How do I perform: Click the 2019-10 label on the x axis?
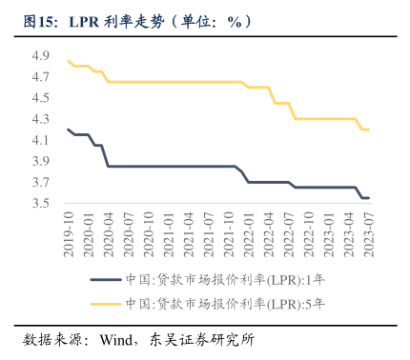tap(69, 233)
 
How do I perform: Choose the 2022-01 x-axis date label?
tap(250, 233)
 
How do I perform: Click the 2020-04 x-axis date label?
tap(109, 233)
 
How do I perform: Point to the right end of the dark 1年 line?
tap(370, 198)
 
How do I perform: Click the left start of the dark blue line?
tap(68, 130)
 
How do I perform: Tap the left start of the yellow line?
tap(68, 61)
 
